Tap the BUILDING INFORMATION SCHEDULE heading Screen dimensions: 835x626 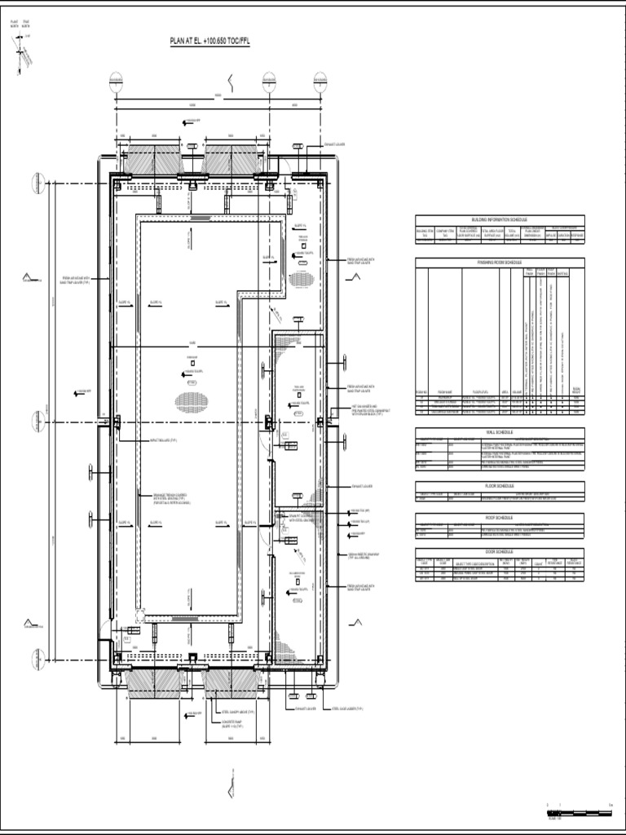click(x=500, y=219)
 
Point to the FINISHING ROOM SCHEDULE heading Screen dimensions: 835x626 click(x=500, y=262)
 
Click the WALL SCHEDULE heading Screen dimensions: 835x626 click(x=500, y=431)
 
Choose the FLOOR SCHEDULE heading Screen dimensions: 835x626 click(x=500, y=484)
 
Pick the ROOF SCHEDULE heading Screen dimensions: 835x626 click(x=500, y=517)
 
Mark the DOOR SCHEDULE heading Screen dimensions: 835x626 click(x=500, y=552)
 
